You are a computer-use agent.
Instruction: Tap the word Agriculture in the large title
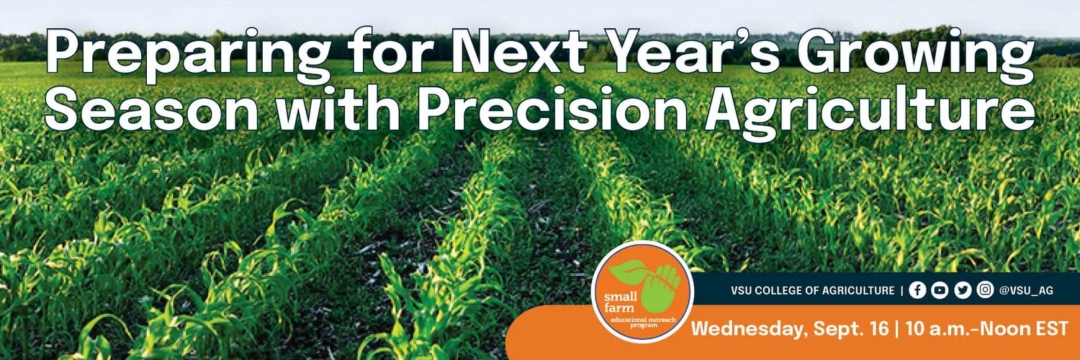point(870,112)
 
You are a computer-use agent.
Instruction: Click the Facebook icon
point(917,290)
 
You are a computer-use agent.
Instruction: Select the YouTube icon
point(940,290)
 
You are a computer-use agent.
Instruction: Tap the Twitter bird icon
point(963,290)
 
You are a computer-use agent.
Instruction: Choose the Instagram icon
point(985,289)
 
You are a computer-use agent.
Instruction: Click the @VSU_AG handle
point(1026,291)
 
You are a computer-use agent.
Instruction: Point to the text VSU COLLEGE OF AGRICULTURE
point(812,291)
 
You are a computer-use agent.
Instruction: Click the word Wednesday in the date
point(749,329)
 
